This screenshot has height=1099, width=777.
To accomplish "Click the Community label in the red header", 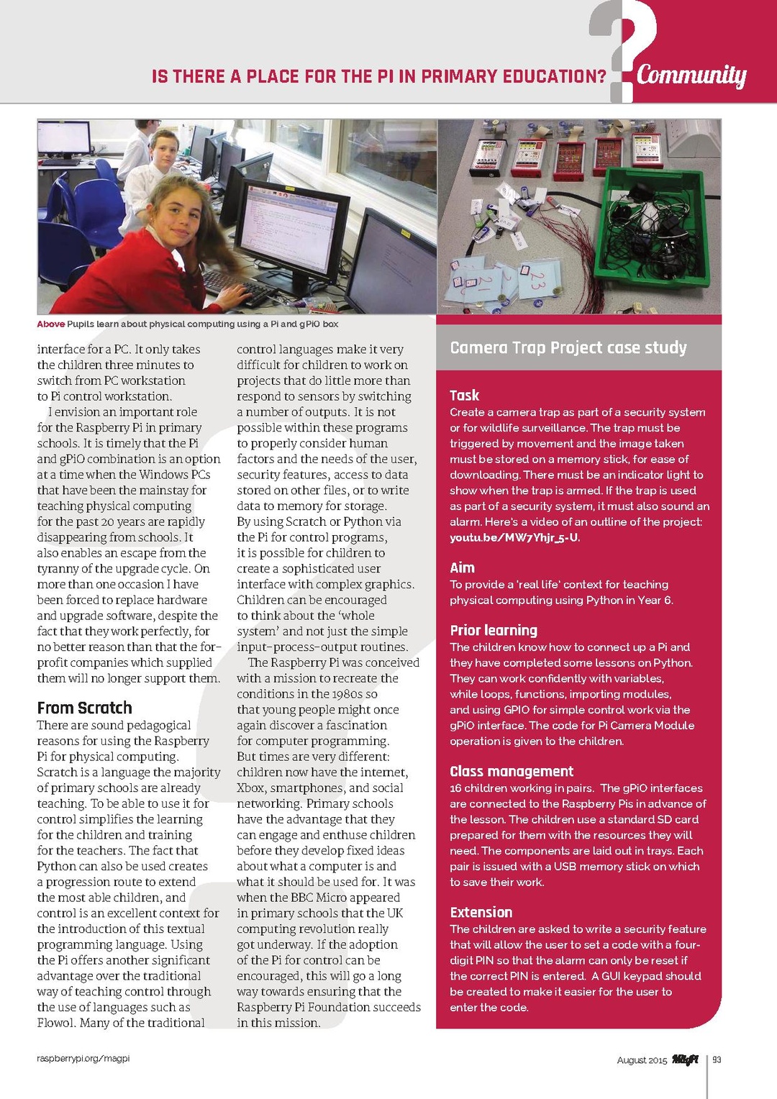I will (691, 75).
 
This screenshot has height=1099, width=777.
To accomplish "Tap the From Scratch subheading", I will (84, 708).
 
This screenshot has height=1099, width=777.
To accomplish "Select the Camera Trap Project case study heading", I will (568, 348).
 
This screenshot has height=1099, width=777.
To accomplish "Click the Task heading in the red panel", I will (464, 396).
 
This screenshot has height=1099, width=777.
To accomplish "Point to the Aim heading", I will (462, 568).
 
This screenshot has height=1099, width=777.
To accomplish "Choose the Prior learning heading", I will (494, 631).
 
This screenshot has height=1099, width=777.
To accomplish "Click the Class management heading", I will (512, 772).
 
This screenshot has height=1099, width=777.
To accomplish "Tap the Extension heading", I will (481, 913).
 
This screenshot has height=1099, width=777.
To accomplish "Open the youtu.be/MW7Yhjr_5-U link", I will (514, 537).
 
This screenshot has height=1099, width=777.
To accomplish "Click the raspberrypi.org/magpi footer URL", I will (83, 1059).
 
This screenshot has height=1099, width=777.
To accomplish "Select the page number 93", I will (717, 1060).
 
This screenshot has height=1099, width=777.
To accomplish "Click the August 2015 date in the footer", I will (642, 1061).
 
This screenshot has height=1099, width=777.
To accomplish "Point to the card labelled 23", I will (537, 280).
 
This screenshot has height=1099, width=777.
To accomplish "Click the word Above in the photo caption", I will (50, 324).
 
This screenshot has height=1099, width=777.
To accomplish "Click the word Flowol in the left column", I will (56, 1023).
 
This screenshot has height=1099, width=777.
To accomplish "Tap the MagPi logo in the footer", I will (685, 1059).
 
